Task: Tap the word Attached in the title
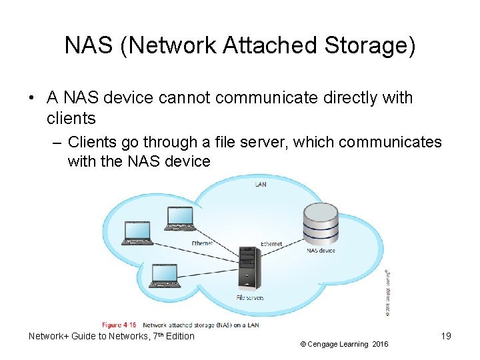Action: pyautogui.click(x=265, y=45)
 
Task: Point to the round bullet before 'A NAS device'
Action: pyautogui.click(x=31, y=98)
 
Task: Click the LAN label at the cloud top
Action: pyautogui.click(x=261, y=183)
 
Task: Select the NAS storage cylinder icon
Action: pyautogui.click(x=320, y=223)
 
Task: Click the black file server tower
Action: pyautogui.click(x=249, y=266)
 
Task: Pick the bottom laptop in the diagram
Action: pyautogui.click(x=164, y=276)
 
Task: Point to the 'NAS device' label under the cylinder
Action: pyautogui.click(x=321, y=251)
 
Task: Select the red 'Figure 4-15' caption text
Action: pyautogui.click(x=120, y=325)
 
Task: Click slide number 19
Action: pyautogui.click(x=445, y=336)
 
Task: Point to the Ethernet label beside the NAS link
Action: pyautogui.click(x=271, y=244)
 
